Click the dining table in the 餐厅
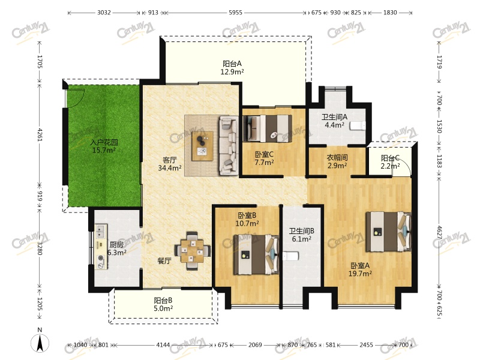(x=192, y=251)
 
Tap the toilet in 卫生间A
(x=358, y=125)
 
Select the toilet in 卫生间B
(x=290, y=256)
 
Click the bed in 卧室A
(x=388, y=232)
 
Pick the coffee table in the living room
(x=202, y=146)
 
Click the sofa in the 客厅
(x=229, y=146)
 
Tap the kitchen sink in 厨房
(x=100, y=231)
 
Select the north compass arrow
(x=40, y=343)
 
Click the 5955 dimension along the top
(x=235, y=13)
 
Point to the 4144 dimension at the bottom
(x=163, y=344)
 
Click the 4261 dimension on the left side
(x=40, y=134)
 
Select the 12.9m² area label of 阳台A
(x=232, y=72)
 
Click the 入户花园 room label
(x=104, y=142)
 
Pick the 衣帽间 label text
(x=337, y=158)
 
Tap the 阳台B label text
(x=163, y=301)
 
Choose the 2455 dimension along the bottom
(x=366, y=344)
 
